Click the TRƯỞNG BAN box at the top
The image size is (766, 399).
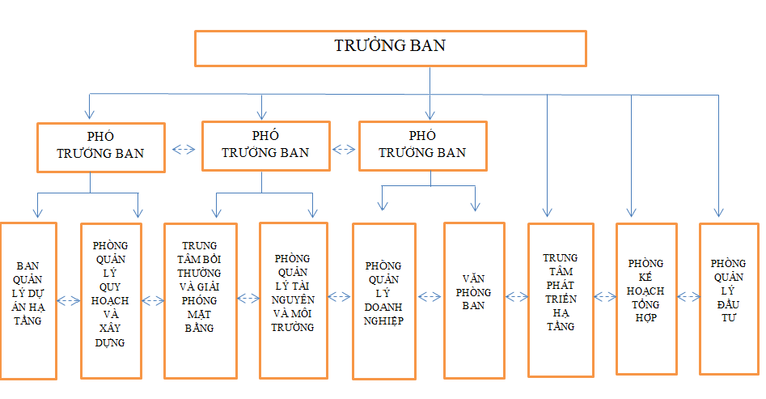[391, 49]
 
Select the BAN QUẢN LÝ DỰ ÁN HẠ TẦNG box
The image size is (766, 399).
[28, 301]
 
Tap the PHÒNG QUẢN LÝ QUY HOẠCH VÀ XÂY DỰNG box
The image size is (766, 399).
[111, 301]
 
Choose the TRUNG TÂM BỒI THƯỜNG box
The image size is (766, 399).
[201, 301]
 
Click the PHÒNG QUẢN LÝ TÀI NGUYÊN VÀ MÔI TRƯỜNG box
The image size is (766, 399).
[293, 300]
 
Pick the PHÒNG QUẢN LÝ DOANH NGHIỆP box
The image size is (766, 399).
[384, 301]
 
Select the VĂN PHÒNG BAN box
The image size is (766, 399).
[474, 300]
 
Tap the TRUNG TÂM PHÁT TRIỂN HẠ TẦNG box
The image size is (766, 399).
[561, 300]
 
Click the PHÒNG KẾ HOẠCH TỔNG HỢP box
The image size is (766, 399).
[646, 299]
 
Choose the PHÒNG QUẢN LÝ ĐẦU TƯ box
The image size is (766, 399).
[729, 299]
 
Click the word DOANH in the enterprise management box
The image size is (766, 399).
[383, 307]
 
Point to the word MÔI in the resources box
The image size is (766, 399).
[305, 313]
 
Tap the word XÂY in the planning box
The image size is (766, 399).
[110, 328]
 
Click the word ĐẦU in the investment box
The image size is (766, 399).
[728, 304]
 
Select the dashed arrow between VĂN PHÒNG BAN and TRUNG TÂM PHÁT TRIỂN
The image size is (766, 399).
[516, 296]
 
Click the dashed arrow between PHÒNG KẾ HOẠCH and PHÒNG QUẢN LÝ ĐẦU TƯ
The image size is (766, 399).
[688, 296]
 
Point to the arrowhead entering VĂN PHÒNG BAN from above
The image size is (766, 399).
[475, 206]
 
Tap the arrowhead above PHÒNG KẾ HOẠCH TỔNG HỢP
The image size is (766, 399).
[631, 211]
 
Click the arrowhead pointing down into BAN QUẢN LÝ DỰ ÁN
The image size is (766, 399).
[38, 212]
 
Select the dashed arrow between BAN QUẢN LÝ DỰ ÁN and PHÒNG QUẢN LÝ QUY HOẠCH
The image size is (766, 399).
[69, 301]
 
